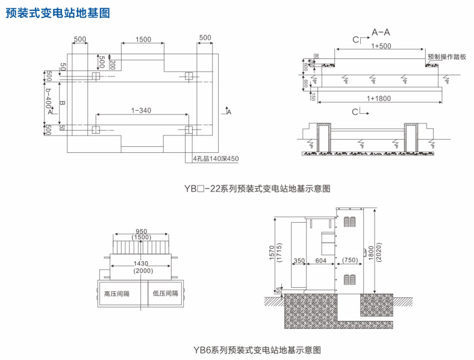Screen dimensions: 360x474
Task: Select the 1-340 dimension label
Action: pos(141,110)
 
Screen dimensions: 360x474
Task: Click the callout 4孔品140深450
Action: pos(216,159)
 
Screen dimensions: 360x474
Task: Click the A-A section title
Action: pos(381,31)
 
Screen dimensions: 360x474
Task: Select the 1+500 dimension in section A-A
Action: pos(381,46)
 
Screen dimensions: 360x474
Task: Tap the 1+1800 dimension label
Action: pos(379,97)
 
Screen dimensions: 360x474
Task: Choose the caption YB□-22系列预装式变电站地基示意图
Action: pos(258,188)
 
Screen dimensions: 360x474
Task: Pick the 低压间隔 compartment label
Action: pos(166,294)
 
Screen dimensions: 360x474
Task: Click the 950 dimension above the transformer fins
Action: pos(141,231)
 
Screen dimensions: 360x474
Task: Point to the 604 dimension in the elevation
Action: pos(320,261)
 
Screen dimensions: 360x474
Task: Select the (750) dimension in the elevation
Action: pos(350,261)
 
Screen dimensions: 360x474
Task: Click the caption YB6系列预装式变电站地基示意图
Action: pos(257,349)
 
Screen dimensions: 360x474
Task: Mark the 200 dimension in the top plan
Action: pos(113,63)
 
